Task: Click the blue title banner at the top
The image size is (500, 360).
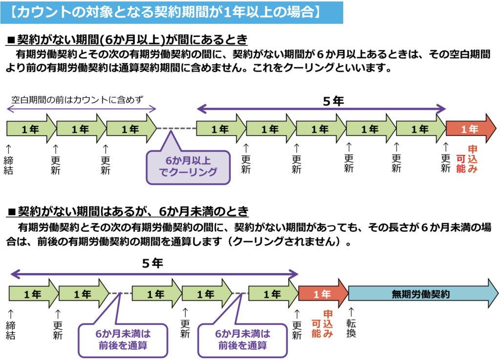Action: click(x=172, y=12)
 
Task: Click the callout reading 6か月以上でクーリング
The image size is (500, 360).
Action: click(x=188, y=166)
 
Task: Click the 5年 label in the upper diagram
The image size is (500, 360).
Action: click(x=334, y=101)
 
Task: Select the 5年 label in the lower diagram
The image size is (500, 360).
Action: click(x=152, y=263)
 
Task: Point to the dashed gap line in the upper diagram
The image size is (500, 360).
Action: click(x=176, y=129)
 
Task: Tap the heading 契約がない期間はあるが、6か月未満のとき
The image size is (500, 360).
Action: click(x=129, y=211)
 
